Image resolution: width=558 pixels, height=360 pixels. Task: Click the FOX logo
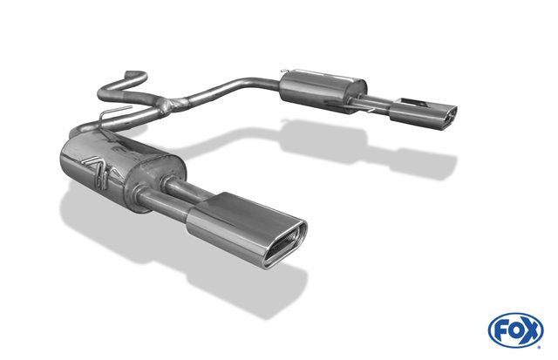tap(515, 330)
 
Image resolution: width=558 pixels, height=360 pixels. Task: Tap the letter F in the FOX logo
tap(500, 330)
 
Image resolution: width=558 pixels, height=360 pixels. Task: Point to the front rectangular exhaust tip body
tap(247, 228)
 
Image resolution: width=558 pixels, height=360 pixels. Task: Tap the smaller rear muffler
tap(323, 92)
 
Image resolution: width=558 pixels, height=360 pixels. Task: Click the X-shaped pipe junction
tap(174, 104)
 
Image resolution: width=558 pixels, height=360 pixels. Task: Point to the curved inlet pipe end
tap(134, 75)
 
